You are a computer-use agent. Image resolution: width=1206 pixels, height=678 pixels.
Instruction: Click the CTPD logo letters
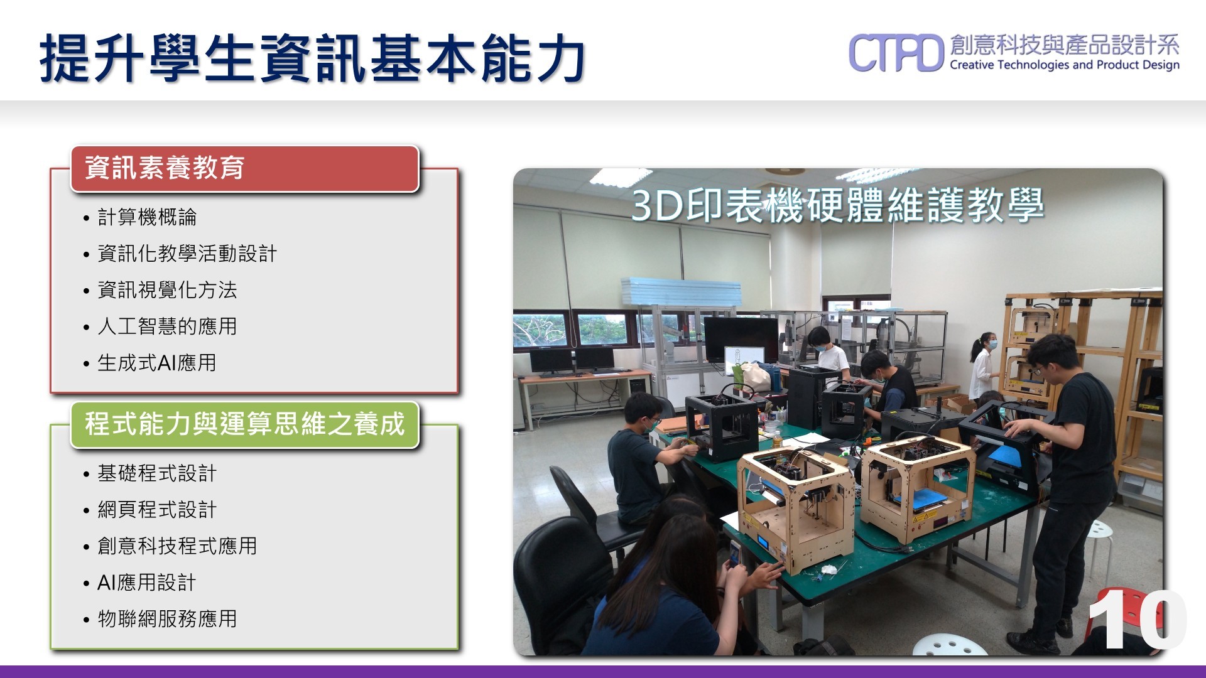(x=896, y=53)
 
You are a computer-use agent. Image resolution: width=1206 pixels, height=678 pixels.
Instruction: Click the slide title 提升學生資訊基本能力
(x=313, y=58)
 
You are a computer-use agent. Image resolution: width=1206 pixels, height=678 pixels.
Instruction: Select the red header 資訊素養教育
(x=165, y=168)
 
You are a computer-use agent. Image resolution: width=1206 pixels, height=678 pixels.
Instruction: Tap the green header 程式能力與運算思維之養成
(x=245, y=424)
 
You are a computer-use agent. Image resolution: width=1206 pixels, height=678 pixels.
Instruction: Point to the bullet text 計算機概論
(x=147, y=217)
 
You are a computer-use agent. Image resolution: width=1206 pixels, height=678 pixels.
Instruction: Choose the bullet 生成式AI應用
(x=157, y=363)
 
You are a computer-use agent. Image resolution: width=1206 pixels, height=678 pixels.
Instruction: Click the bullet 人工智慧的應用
(x=167, y=326)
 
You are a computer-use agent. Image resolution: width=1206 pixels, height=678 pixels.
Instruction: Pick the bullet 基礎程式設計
(x=157, y=473)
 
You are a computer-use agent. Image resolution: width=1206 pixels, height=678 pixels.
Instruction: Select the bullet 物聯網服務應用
(x=167, y=619)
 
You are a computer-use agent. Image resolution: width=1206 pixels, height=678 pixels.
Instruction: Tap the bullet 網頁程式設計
(x=157, y=510)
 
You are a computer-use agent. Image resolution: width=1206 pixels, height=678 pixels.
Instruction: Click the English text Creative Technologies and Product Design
(x=1065, y=65)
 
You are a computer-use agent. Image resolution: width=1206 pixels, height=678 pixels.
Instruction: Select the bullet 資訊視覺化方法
(x=167, y=290)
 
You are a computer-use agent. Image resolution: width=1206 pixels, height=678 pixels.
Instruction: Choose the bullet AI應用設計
(x=147, y=583)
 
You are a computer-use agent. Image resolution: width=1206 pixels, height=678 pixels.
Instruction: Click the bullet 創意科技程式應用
(x=177, y=546)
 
